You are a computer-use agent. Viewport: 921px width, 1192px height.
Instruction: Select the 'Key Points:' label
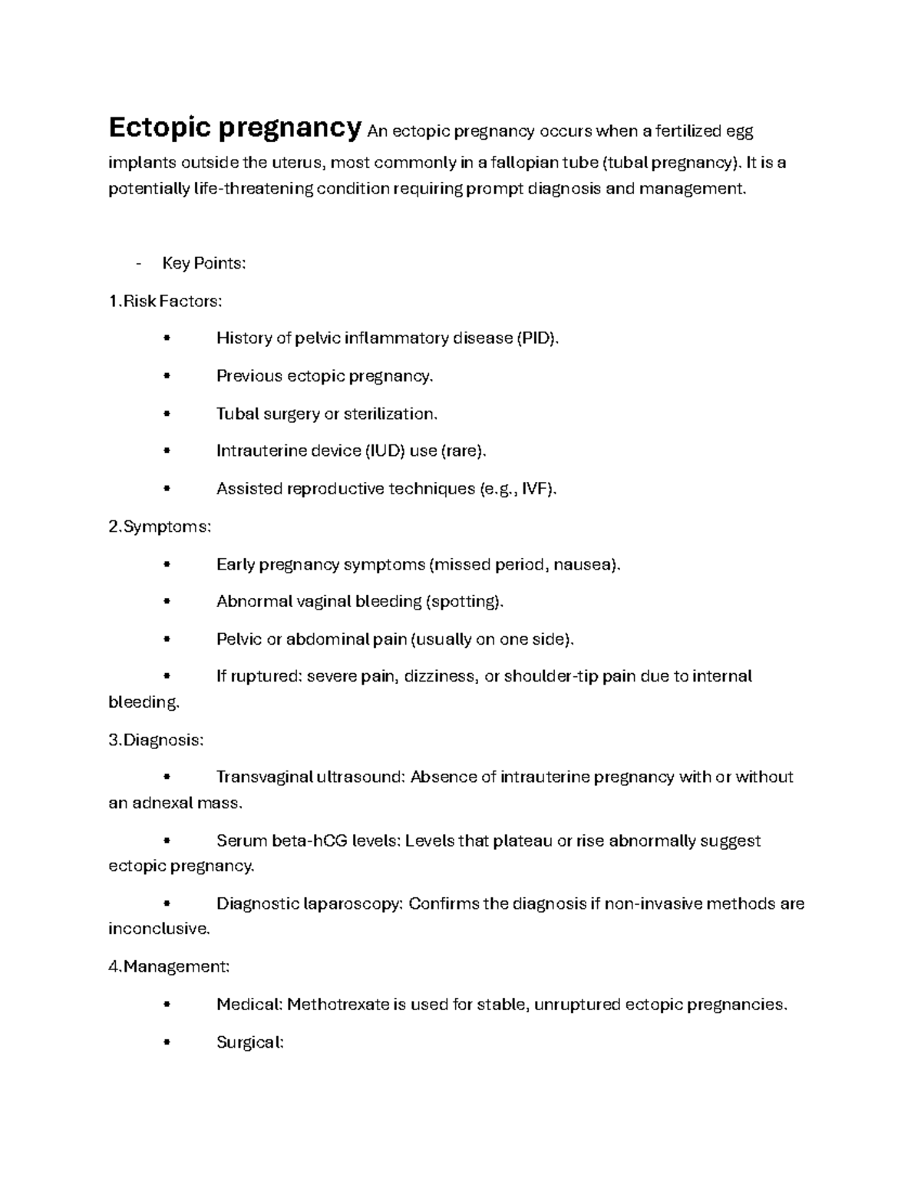click(203, 263)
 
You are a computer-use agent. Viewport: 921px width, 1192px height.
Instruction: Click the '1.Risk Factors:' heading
click(165, 301)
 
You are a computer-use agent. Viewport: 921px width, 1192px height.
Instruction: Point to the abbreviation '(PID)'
click(537, 338)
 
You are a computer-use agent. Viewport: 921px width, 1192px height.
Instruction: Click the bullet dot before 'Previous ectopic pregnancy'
click(167, 376)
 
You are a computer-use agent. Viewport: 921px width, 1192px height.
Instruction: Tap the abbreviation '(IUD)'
click(384, 451)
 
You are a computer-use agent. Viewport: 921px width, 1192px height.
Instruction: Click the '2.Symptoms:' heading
click(160, 527)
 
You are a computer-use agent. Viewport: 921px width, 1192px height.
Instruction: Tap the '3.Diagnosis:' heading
click(156, 740)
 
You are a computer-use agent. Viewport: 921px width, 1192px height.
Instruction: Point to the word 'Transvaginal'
click(263, 777)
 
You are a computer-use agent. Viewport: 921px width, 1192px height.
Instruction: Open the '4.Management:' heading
click(169, 966)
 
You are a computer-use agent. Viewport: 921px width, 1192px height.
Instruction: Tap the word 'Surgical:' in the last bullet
click(250, 1042)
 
